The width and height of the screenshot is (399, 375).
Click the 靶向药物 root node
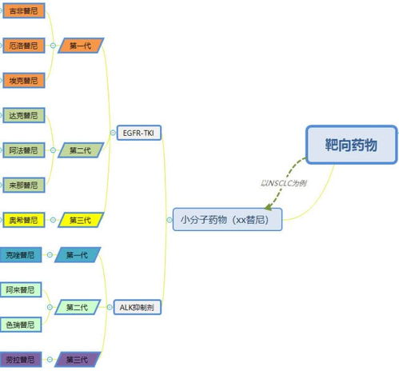coord(350,145)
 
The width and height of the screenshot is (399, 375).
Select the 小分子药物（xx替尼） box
coord(228,218)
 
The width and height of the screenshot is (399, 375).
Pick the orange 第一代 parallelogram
coord(81,46)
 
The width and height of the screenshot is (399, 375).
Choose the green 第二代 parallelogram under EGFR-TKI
coord(81,150)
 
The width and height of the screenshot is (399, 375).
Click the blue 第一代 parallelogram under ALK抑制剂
coord(78,255)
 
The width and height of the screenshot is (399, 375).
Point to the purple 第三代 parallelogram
coord(78,359)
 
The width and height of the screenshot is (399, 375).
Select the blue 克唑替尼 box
coord(18,255)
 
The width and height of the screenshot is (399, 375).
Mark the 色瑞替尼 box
coord(20,325)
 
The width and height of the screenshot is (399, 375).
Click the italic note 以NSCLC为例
coord(284,183)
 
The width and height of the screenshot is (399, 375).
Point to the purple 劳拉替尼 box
coord(18,359)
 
